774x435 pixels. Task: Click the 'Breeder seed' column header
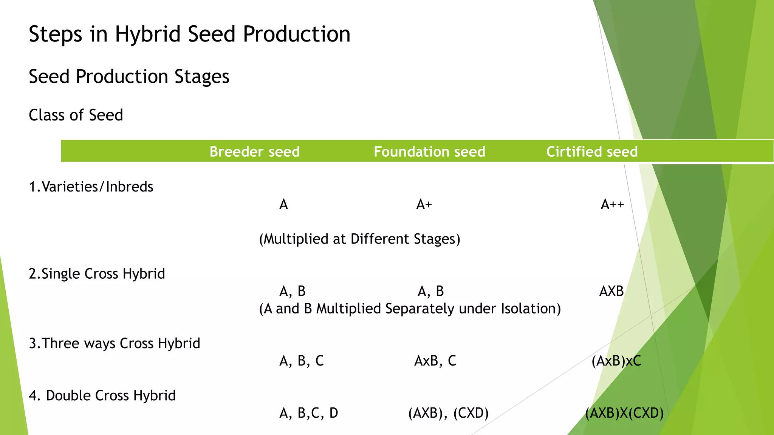coord(254,152)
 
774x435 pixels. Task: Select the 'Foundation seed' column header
coord(429,152)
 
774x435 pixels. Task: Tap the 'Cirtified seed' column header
coord(592,152)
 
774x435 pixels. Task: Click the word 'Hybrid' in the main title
coord(148,34)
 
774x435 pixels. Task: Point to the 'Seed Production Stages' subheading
coord(129,77)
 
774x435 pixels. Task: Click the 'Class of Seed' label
coord(76,115)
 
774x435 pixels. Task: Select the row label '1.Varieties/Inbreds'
coord(91,187)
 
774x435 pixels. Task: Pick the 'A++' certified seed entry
coord(612,205)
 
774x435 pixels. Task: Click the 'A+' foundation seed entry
coord(424,205)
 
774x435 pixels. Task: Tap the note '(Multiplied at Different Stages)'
coord(359,239)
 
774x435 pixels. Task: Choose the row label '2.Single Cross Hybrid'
coord(97,274)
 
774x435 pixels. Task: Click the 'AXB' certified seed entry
coord(611,291)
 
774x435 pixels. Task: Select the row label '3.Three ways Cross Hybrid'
coord(115,343)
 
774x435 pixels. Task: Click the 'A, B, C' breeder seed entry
coord(301,361)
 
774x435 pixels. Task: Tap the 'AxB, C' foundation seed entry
coord(435,361)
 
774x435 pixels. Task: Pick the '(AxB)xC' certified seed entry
coord(616,361)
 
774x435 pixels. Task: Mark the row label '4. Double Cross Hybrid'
coord(102,396)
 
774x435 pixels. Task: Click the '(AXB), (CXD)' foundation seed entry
coord(448,413)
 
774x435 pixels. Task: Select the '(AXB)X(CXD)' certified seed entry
coord(624,413)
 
